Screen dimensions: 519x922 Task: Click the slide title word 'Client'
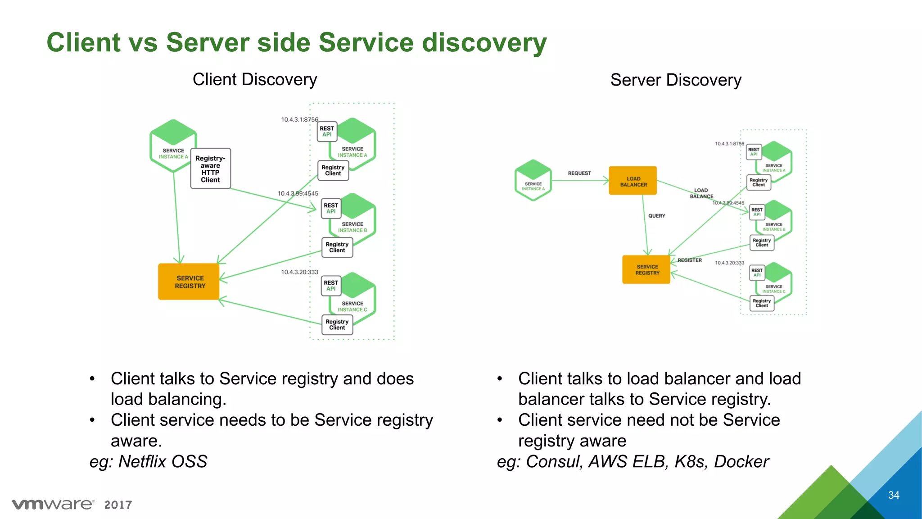[x=84, y=42]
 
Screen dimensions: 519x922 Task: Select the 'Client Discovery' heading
[x=255, y=79]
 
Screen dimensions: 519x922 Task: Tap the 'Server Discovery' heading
[x=676, y=80]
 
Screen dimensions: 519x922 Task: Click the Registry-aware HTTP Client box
[x=210, y=168]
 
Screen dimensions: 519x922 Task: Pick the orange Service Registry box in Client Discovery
[x=189, y=282]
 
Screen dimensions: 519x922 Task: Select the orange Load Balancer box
[x=633, y=181]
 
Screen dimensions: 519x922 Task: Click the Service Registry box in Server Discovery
[x=646, y=269]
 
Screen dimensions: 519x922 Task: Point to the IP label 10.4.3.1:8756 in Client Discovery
[x=299, y=119]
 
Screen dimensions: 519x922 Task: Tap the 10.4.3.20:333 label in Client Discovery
[x=299, y=272]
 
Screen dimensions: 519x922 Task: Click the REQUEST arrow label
[x=579, y=173]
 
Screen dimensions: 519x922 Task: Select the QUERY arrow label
[x=656, y=216]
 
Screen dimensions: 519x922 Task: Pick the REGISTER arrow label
[x=690, y=260]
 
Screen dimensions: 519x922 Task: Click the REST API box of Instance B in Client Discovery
[x=331, y=208]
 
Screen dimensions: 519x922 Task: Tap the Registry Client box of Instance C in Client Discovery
[x=337, y=324]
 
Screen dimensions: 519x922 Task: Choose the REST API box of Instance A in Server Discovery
[x=754, y=152]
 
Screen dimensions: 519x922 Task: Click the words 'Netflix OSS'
[x=163, y=461]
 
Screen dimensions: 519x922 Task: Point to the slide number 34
[x=894, y=495]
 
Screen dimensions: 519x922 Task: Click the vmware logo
[x=53, y=504]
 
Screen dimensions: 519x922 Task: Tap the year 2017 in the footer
[x=118, y=505]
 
